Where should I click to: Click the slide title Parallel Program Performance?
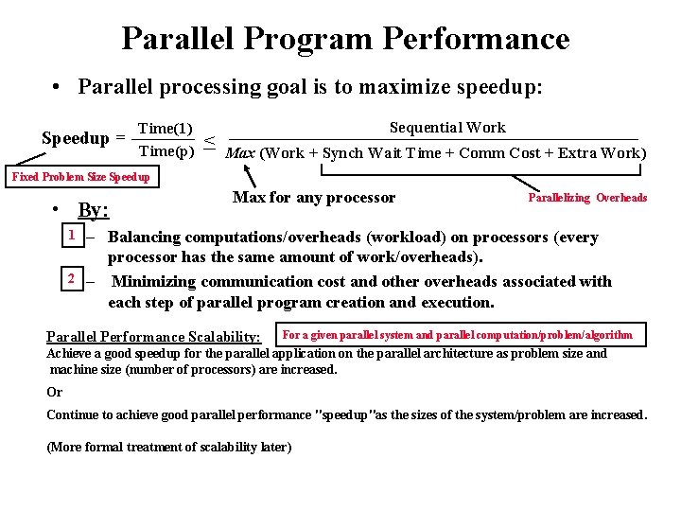(x=345, y=39)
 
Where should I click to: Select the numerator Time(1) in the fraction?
(x=166, y=129)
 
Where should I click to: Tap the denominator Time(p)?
(x=166, y=150)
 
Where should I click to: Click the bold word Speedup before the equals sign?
(x=76, y=138)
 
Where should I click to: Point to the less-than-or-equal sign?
(x=210, y=144)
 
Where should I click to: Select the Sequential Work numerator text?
(x=447, y=128)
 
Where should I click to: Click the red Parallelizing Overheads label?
(x=586, y=198)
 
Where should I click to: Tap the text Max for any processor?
(x=313, y=198)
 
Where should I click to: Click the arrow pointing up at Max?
(x=250, y=176)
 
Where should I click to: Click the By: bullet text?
(x=93, y=210)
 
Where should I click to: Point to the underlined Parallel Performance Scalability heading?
(x=153, y=337)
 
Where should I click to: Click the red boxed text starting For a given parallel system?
(x=458, y=334)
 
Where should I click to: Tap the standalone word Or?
(x=54, y=392)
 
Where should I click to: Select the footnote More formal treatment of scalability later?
(x=168, y=447)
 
